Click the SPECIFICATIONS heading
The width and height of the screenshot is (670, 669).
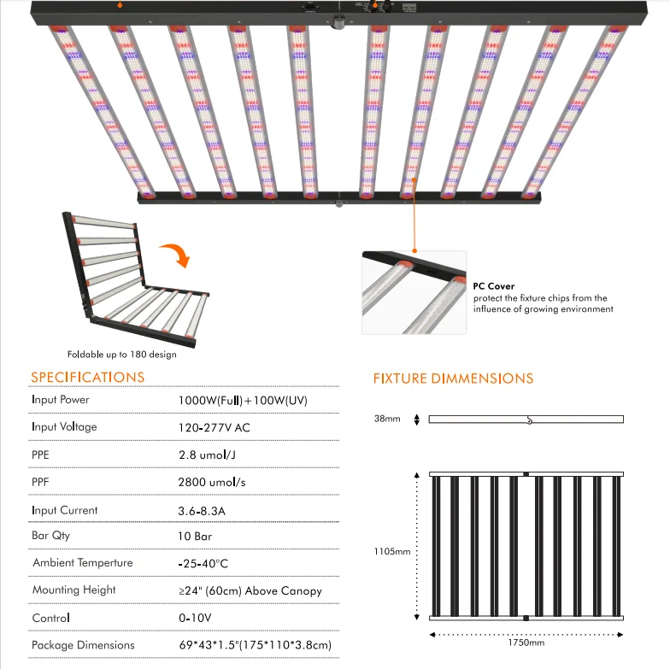pos(88,377)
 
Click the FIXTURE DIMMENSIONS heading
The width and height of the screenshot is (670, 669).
pos(453,379)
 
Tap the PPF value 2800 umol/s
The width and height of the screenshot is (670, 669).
pos(210,482)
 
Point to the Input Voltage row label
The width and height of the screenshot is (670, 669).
pos(64,426)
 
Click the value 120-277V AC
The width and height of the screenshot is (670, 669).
pos(212,426)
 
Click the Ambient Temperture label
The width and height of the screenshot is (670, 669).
pos(83,563)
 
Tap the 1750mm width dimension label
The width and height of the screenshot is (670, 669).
pos(526,642)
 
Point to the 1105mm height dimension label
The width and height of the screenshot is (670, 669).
pos(391,551)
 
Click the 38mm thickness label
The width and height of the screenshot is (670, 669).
pos(387,419)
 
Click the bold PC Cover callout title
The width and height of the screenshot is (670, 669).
pos(494,286)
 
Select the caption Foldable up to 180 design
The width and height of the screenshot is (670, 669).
pos(122,354)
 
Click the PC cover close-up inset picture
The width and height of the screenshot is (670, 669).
pos(414,292)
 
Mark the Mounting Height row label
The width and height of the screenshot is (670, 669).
pos(73,590)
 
